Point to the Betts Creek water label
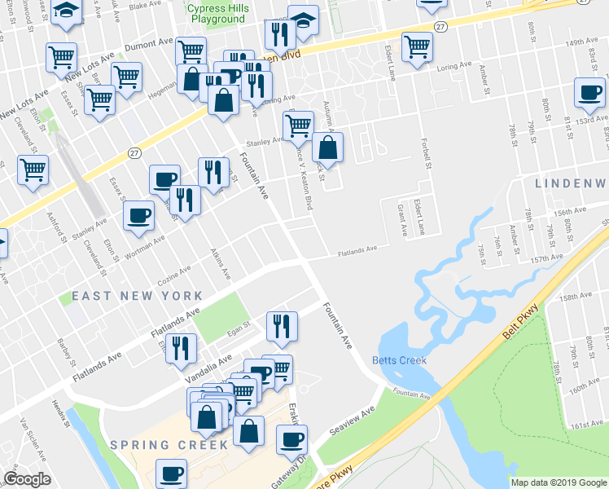pyautogui.click(x=400, y=360)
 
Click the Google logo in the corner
pyautogui.click(x=27, y=479)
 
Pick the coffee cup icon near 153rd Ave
pyautogui.click(x=589, y=93)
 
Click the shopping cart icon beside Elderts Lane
pyautogui.click(x=416, y=46)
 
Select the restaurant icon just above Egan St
pyautogui.click(x=282, y=325)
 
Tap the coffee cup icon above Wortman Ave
pyautogui.click(x=138, y=214)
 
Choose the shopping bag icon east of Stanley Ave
pyautogui.click(x=326, y=148)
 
